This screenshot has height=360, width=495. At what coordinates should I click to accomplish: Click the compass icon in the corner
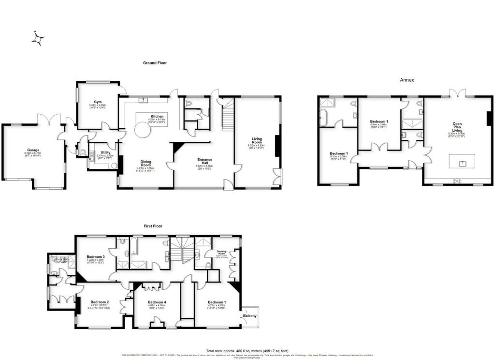[38, 39]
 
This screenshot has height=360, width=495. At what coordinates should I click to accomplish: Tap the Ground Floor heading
[155, 63]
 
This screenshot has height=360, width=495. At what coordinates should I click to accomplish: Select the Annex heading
[407, 80]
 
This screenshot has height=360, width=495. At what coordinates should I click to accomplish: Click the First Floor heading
[153, 226]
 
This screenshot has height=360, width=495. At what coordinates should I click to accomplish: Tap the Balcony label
[250, 316]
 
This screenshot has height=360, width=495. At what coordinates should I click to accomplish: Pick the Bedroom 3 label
[96, 257]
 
